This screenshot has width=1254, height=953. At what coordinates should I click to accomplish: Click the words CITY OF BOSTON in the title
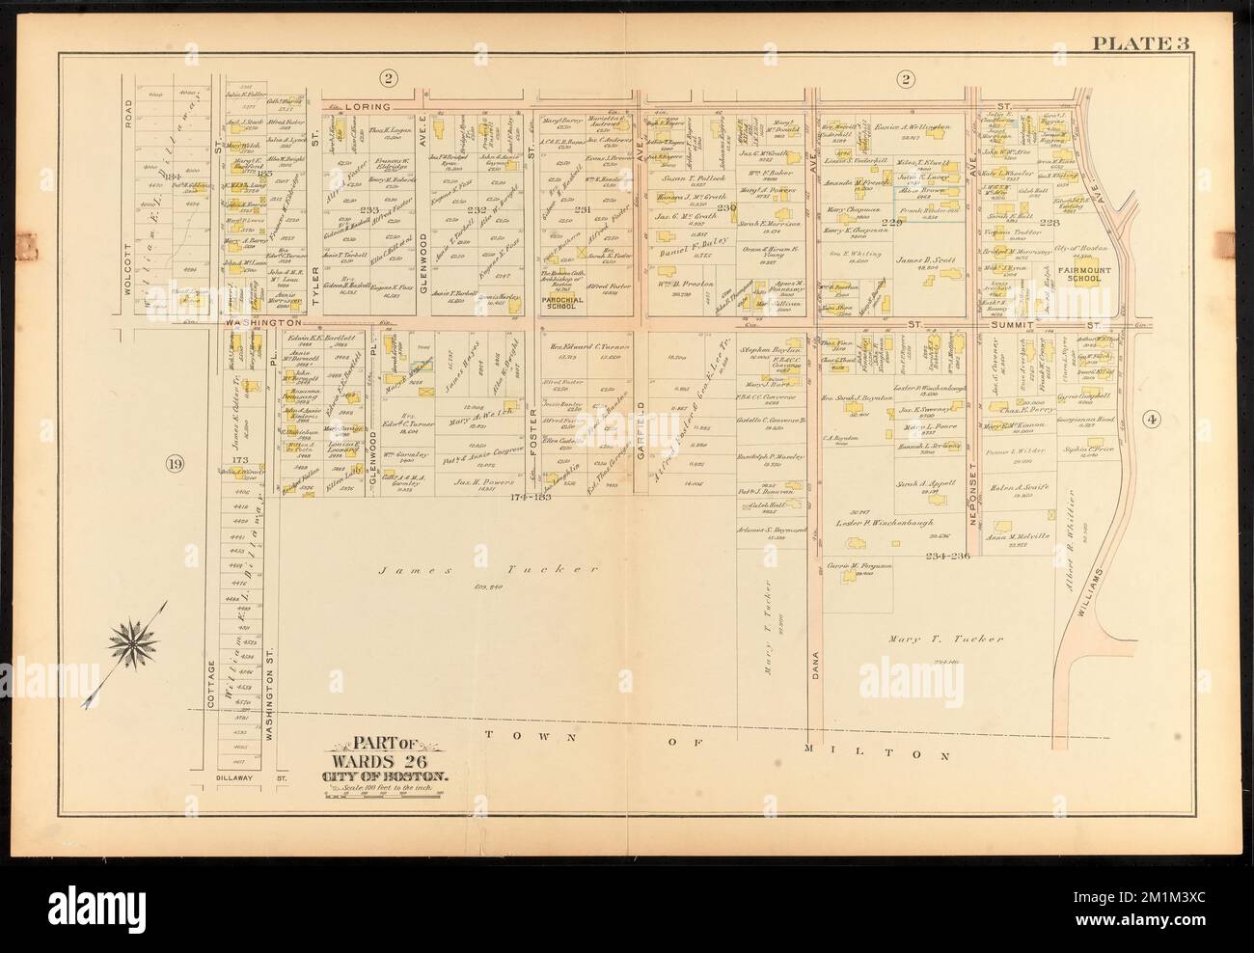[x=384, y=776]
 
